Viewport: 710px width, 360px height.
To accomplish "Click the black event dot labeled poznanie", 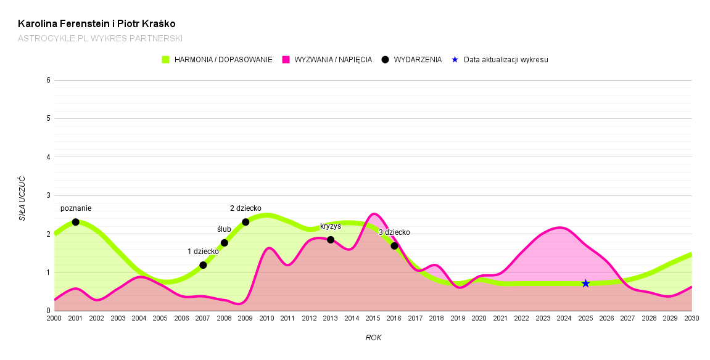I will pyautogui.click(x=75, y=222).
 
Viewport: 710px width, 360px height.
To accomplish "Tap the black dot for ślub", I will pyautogui.click(x=225, y=243).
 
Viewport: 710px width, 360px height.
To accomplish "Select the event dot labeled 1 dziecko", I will pyautogui.click(x=203, y=265).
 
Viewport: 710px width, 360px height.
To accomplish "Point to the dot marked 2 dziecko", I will pyautogui.click(x=246, y=222).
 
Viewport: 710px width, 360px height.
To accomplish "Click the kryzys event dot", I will pyautogui.click(x=331, y=240).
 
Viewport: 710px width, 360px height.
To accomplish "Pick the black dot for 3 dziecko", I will pyautogui.click(x=394, y=246).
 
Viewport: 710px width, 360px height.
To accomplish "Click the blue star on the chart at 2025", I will pyautogui.click(x=585, y=284).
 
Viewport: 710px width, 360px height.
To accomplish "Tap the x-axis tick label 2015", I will pyautogui.click(x=373, y=318).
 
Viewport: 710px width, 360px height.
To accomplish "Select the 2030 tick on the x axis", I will pyautogui.click(x=691, y=318).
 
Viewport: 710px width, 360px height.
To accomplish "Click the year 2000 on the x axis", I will pyautogui.click(x=54, y=318).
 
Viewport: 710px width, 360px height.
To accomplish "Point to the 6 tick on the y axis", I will pyautogui.click(x=48, y=80).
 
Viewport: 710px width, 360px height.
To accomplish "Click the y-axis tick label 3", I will pyautogui.click(x=48, y=195).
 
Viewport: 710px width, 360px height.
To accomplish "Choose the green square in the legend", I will pyautogui.click(x=165, y=60).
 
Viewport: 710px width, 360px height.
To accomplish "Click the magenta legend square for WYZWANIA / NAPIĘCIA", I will pyautogui.click(x=286, y=60).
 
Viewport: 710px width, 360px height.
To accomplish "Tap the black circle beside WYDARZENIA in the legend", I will pyautogui.click(x=385, y=60).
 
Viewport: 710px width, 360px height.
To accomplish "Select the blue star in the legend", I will pyautogui.click(x=455, y=60).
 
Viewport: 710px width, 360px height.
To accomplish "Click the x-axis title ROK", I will pyautogui.click(x=373, y=338).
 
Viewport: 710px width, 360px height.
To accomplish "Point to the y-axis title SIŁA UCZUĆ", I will pyautogui.click(x=22, y=198).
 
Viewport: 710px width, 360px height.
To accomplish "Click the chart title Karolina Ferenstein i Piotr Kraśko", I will pyautogui.click(x=97, y=24).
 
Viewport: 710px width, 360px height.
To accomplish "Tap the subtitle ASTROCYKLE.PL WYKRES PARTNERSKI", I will pyautogui.click(x=100, y=38).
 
